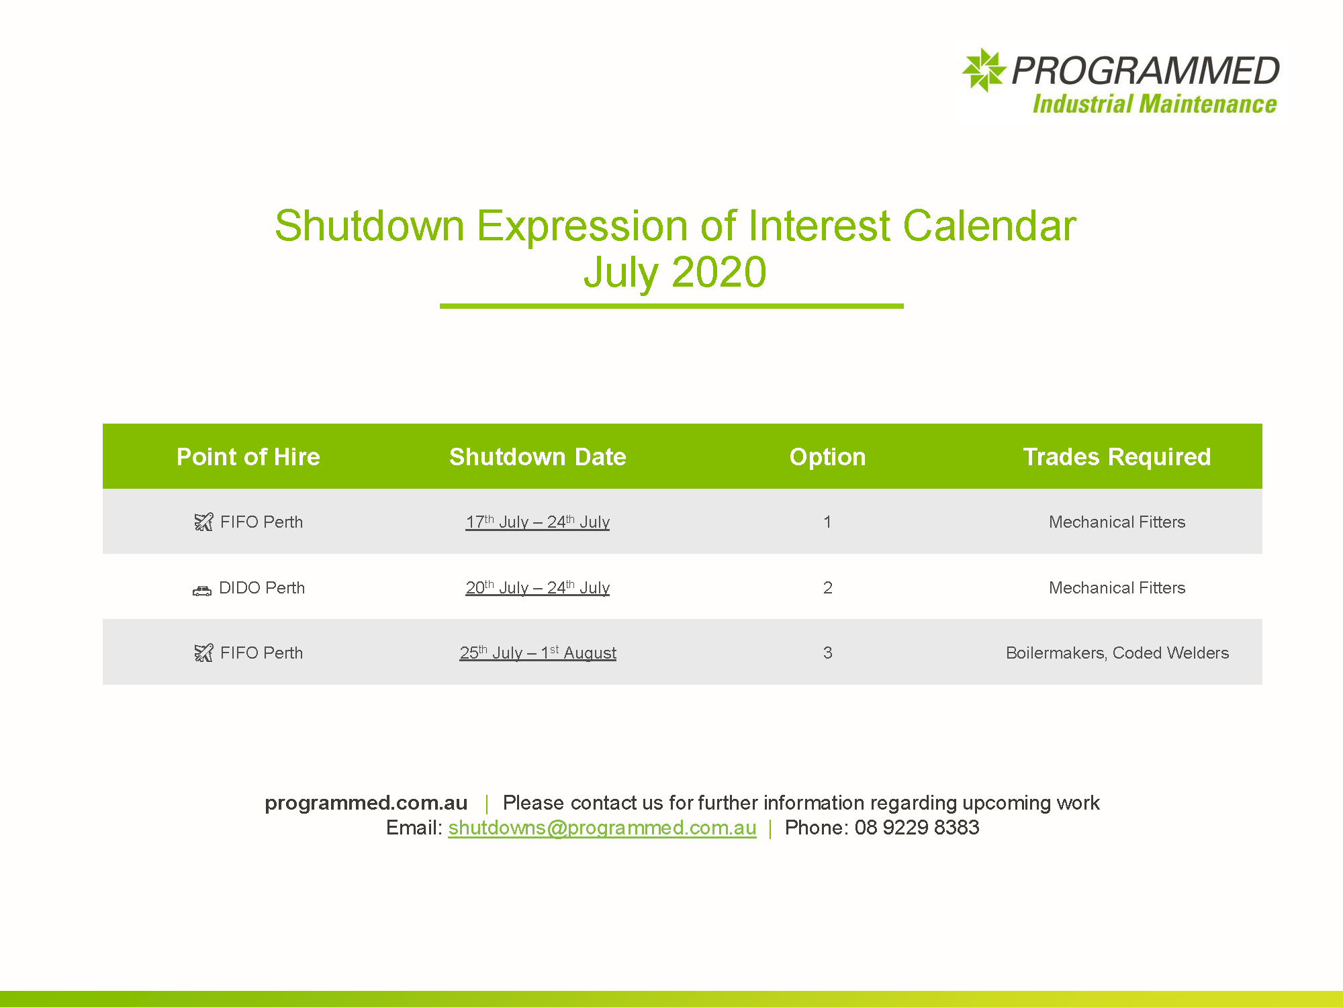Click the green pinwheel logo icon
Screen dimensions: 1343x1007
tap(984, 70)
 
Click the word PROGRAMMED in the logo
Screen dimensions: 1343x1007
tap(1146, 70)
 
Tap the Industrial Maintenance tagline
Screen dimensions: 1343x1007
tap(1154, 104)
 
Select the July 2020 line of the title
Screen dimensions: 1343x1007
tap(674, 273)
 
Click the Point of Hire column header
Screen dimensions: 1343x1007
tap(248, 457)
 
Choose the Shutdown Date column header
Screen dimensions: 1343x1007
tap(538, 457)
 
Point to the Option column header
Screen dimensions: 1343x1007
tap(827, 457)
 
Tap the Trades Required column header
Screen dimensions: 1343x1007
tap(1117, 457)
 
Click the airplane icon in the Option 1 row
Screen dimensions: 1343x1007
tap(203, 522)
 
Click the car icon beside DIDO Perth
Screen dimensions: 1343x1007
tap(202, 590)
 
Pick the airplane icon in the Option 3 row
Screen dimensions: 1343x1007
tap(203, 653)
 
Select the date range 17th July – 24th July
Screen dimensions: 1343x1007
tap(538, 522)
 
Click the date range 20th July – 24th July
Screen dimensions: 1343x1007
tap(538, 587)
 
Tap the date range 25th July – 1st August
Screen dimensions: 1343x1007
tap(538, 653)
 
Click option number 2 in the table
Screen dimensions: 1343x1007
tap(828, 587)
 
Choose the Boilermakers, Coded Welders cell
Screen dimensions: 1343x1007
tap(1117, 653)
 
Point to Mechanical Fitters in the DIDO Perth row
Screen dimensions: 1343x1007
tap(1117, 587)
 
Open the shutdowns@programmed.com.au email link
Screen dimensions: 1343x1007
tap(602, 828)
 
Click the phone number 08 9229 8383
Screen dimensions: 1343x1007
tap(917, 827)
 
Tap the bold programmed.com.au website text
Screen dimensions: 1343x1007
tap(366, 803)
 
